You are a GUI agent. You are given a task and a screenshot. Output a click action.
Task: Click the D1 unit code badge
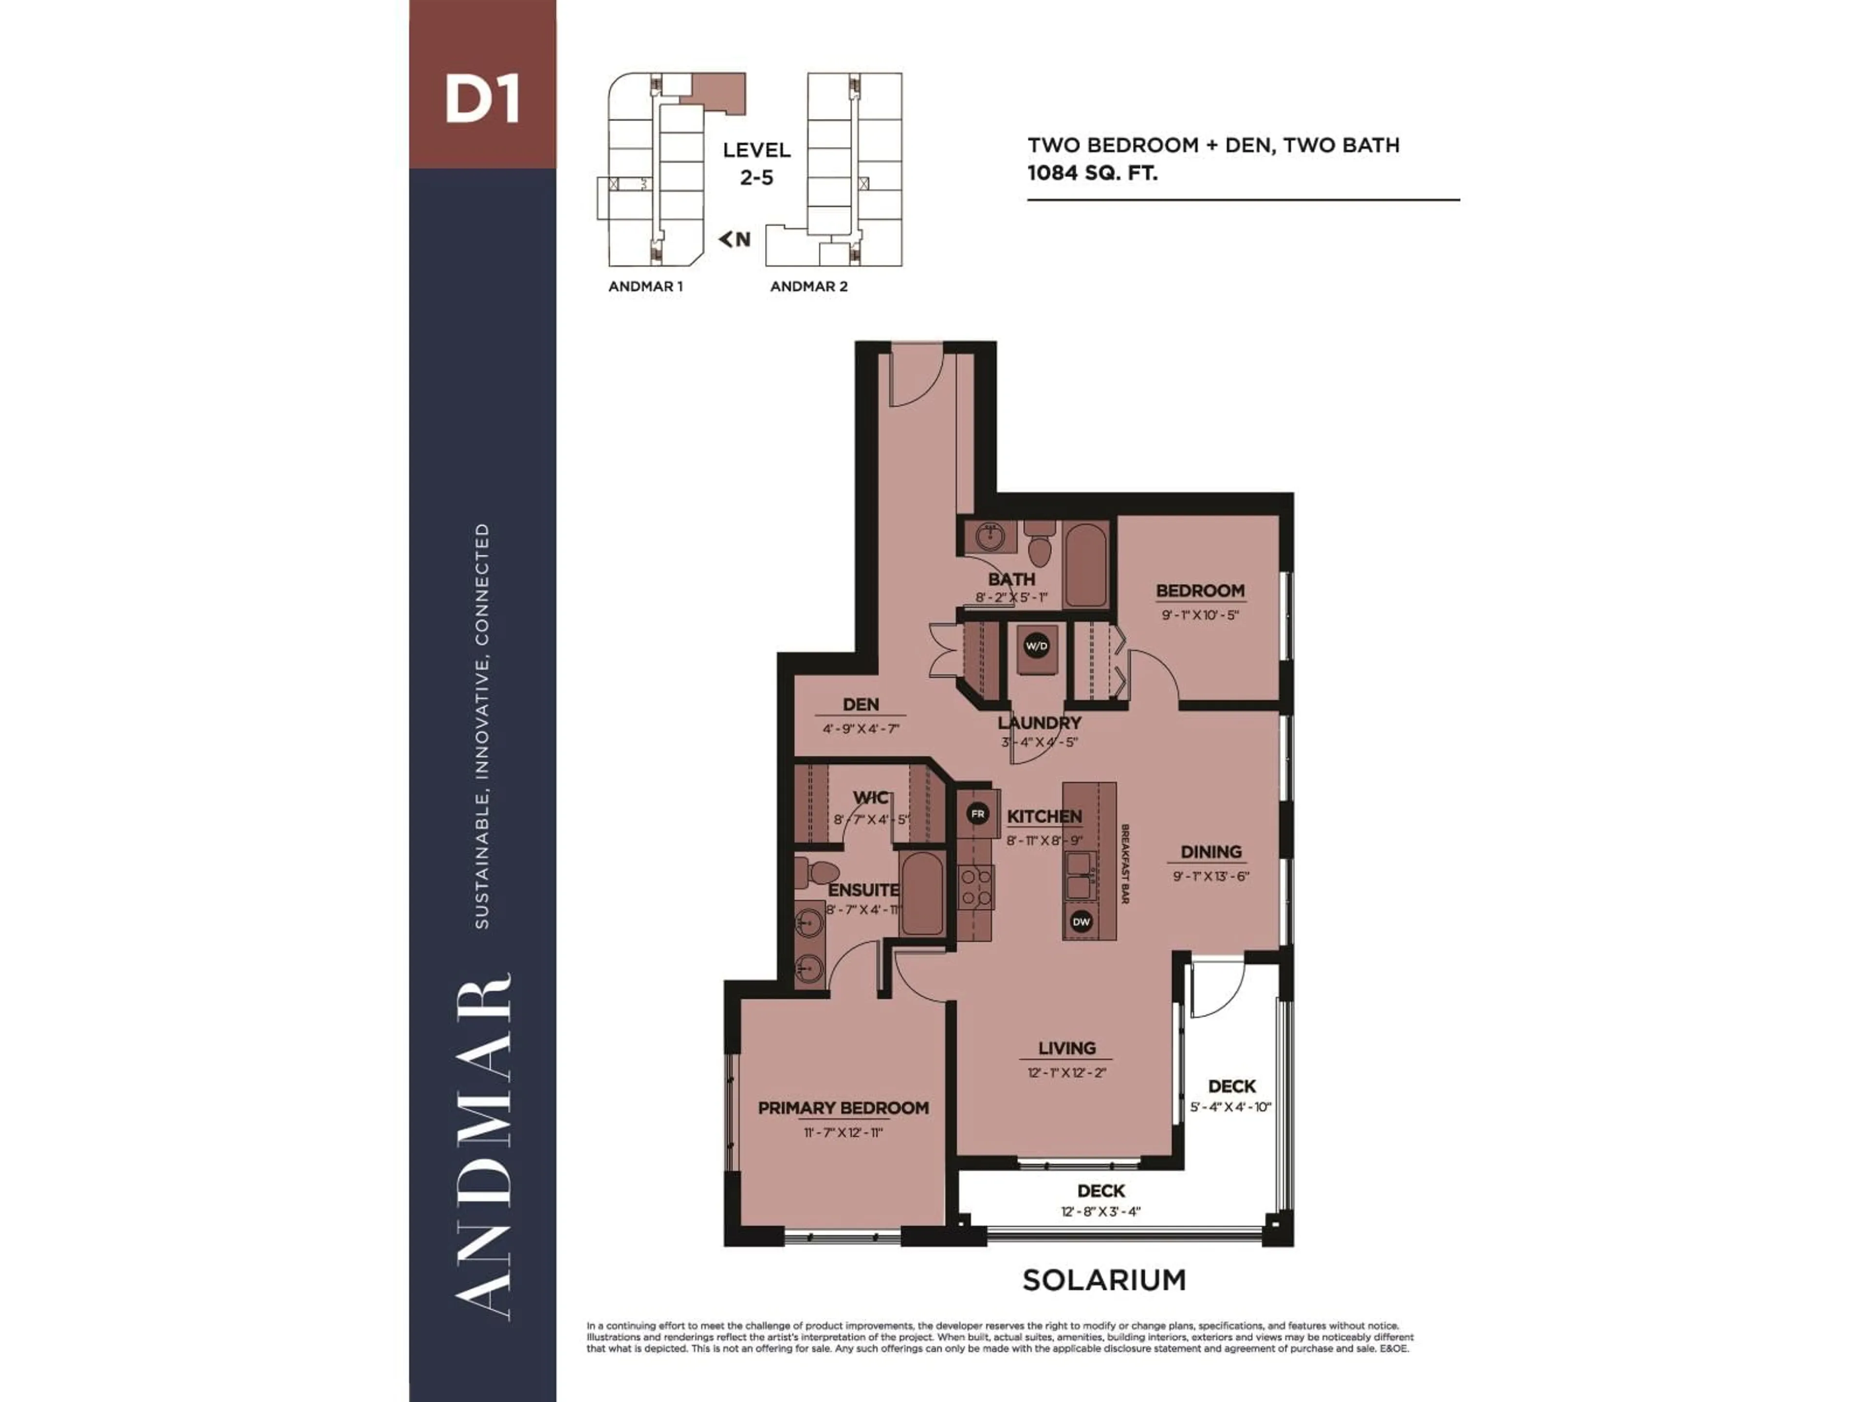(482, 100)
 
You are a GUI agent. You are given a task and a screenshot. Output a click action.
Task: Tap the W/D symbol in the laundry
(1036, 646)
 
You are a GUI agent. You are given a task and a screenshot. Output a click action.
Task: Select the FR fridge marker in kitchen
(978, 814)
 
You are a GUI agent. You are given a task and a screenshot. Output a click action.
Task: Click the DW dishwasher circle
(1081, 922)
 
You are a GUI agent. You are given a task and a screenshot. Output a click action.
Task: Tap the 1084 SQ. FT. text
(1092, 173)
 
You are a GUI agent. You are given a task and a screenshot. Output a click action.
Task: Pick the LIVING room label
(1066, 1049)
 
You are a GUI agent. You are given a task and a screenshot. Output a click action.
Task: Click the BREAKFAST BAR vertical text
(1125, 864)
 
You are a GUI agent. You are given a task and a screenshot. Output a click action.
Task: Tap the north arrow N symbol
(734, 239)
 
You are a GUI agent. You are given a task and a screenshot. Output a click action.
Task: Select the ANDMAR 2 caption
(808, 286)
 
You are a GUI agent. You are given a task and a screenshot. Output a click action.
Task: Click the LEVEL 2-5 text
(756, 163)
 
